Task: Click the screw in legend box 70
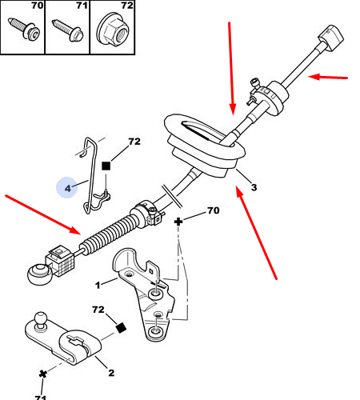pyautogui.click(x=25, y=28)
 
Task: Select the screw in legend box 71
pyautogui.click(x=68, y=30)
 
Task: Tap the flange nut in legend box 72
pyautogui.click(x=113, y=29)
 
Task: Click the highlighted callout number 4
pyautogui.click(x=68, y=188)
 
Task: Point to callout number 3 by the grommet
pyautogui.click(x=254, y=187)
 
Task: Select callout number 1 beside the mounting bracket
pyautogui.click(x=98, y=285)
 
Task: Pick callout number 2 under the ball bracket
pyautogui.click(x=111, y=373)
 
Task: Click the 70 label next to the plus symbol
pyautogui.click(x=214, y=210)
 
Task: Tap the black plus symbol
pyautogui.click(x=178, y=222)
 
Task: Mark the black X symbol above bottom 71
pyautogui.click(x=42, y=374)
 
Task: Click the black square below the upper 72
pyautogui.click(x=106, y=166)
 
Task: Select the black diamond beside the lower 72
pyautogui.click(x=122, y=328)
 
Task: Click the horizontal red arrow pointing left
pyautogui.click(x=328, y=78)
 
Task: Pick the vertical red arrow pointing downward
pyautogui.click(x=231, y=69)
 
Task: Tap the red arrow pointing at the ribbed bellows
pyautogui.click(x=42, y=215)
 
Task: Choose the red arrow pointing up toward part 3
pyautogui.click(x=257, y=233)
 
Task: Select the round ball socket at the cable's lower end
pyautogui.click(x=39, y=274)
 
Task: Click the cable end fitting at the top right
pyautogui.click(x=331, y=38)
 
